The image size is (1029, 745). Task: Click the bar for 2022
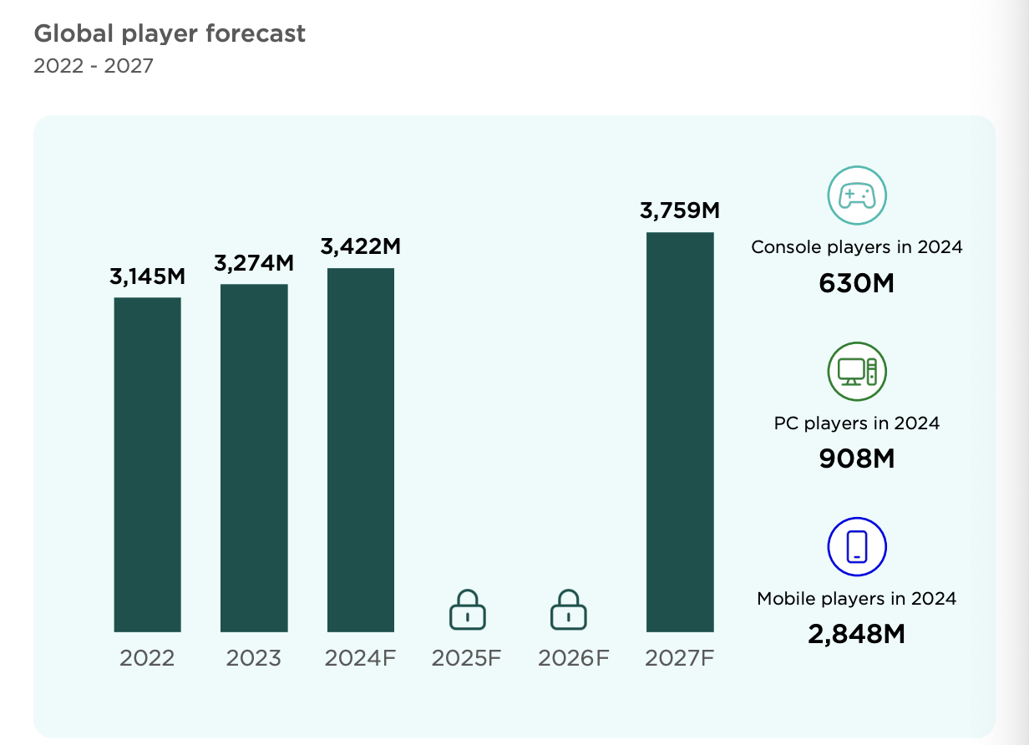tap(147, 464)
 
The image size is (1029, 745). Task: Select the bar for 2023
tap(254, 458)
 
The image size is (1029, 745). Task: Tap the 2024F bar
tap(361, 449)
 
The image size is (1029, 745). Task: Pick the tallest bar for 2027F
tap(680, 432)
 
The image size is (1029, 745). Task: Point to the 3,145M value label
tap(147, 277)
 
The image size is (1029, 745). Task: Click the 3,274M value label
tap(254, 263)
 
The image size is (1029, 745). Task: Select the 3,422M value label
tap(361, 246)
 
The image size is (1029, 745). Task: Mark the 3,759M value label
tap(680, 210)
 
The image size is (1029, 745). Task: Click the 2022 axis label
tap(147, 658)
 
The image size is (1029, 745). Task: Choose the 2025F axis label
tap(467, 658)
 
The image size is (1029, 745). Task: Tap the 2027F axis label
tap(680, 658)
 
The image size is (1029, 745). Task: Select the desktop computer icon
tap(856, 372)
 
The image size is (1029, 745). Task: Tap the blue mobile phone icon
tap(856, 547)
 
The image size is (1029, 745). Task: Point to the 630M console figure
tap(856, 284)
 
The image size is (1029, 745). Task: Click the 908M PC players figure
tap(856, 459)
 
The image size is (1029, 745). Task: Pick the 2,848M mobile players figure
tap(856, 634)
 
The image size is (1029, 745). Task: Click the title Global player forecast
tap(170, 33)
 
